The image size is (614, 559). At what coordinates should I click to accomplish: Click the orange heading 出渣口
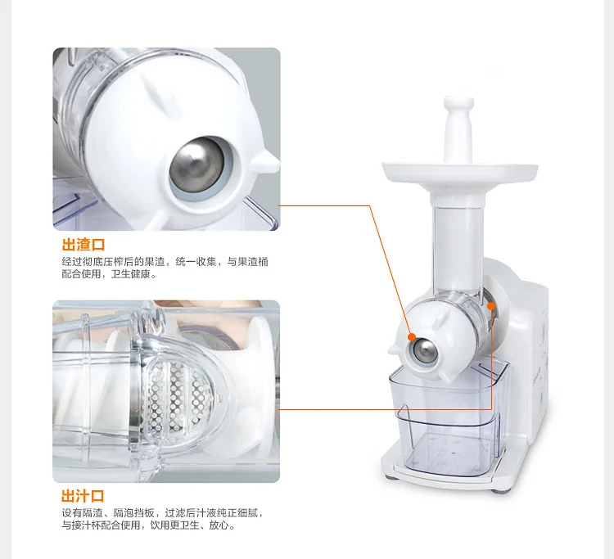(84, 245)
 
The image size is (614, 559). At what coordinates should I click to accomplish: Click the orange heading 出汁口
(83, 496)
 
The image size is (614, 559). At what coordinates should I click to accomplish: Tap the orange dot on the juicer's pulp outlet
(412, 337)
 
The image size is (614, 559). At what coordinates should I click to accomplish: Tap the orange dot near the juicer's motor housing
(491, 305)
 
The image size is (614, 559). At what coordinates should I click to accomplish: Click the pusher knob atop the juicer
(458, 128)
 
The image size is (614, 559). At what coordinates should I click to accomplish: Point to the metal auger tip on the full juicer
(426, 350)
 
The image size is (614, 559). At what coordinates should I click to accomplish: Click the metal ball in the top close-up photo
(197, 165)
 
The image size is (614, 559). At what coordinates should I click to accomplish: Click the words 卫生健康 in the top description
(131, 274)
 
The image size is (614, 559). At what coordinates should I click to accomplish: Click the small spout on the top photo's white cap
(269, 160)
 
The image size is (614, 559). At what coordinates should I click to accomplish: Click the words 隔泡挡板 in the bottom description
(133, 512)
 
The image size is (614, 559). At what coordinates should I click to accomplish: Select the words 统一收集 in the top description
(196, 261)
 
